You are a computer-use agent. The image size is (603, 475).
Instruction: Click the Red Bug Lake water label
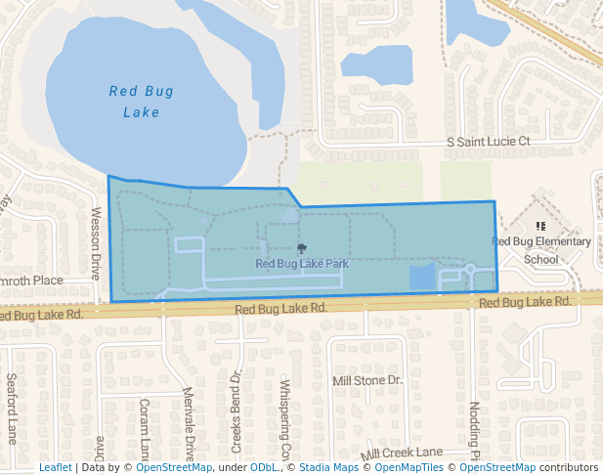coord(142,102)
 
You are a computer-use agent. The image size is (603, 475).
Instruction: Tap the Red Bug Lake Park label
coord(302,264)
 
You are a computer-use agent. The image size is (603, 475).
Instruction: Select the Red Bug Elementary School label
coord(541,250)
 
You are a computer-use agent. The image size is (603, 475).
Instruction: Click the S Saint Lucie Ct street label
coord(488,142)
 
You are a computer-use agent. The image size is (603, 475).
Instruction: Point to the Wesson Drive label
coord(96,240)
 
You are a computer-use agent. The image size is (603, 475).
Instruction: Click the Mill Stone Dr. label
coord(367,380)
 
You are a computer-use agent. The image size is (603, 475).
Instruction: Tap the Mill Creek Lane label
coord(402,453)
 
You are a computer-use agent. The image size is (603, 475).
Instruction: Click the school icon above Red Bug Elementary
coord(540,226)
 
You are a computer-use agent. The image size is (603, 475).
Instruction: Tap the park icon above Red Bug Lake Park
coord(301,248)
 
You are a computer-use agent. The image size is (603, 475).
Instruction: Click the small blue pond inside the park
coord(422,277)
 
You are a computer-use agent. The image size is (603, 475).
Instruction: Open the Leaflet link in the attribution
coord(55,468)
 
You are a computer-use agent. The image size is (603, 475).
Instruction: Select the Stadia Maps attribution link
coord(328,468)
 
